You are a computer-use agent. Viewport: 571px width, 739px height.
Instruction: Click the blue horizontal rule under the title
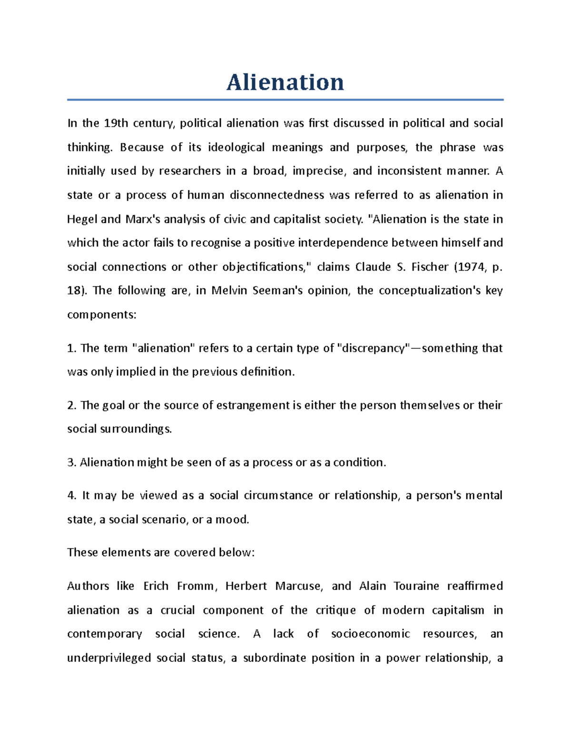(285, 100)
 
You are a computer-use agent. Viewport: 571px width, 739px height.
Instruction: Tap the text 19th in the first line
(116, 123)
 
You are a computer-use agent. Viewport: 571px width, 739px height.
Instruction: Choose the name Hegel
(82, 219)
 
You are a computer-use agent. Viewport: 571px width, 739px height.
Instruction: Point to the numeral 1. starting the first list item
(71, 348)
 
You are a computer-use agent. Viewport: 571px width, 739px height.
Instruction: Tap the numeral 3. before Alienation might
(71, 463)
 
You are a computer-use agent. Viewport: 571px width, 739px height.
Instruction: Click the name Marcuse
(298, 586)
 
